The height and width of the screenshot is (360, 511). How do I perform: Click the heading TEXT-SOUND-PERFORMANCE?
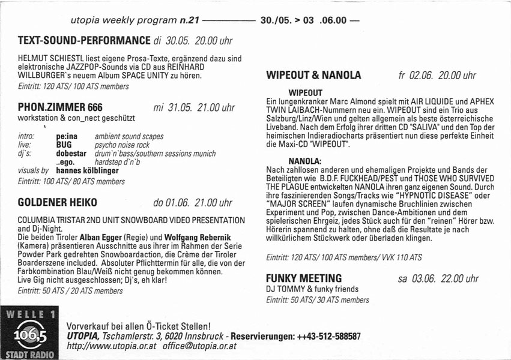point(84,41)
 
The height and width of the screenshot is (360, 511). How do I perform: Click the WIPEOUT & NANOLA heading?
point(313,76)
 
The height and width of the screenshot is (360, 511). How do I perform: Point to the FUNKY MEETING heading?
point(304,278)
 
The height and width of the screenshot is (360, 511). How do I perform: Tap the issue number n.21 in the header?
point(189,20)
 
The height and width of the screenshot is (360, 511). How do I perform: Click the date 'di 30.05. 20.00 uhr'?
point(193,41)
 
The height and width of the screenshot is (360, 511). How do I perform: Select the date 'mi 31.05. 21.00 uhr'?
point(194,108)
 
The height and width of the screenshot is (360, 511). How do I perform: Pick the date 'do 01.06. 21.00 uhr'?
point(193,203)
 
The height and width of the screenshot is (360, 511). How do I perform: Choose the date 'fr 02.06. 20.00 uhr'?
point(437,76)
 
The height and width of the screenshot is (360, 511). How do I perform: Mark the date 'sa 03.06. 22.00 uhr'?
point(438,278)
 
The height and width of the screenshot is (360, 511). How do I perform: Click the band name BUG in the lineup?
point(64,145)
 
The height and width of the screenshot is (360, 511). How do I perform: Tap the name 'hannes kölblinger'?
point(88,170)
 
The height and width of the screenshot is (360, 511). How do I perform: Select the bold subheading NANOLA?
point(305,161)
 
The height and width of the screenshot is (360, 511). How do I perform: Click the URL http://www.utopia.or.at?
point(112,346)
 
